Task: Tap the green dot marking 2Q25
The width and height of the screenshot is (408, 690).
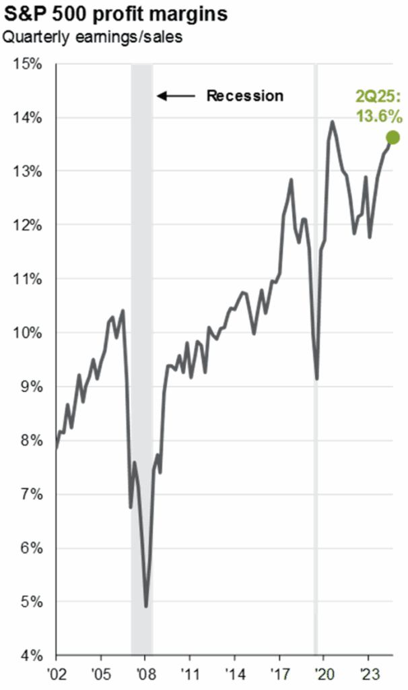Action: pos(393,137)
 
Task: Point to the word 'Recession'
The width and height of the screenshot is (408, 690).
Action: pos(244,96)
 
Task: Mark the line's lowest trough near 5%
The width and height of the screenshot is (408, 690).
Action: pos(146,606)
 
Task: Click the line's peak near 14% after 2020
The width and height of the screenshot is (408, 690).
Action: pos(332,122)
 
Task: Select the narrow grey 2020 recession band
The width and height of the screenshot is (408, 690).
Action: pos(315,337)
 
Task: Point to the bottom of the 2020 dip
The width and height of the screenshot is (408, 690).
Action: pos(316,378)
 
